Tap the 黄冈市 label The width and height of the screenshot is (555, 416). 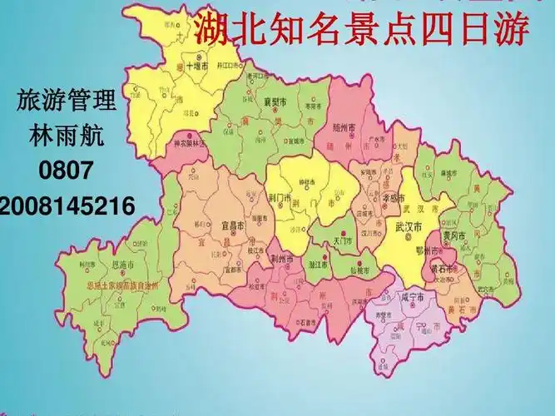[x=453, y=235]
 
